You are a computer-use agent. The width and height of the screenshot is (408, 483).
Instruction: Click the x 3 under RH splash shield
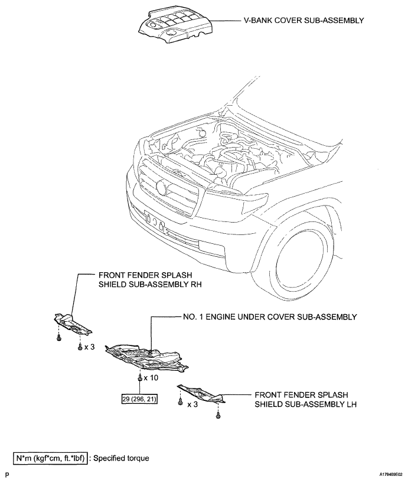(x=89, y=347)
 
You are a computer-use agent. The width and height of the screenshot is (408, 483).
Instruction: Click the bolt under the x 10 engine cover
(x=139, y=377)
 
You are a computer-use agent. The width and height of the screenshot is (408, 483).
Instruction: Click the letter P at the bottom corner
(x=7, y=474)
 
